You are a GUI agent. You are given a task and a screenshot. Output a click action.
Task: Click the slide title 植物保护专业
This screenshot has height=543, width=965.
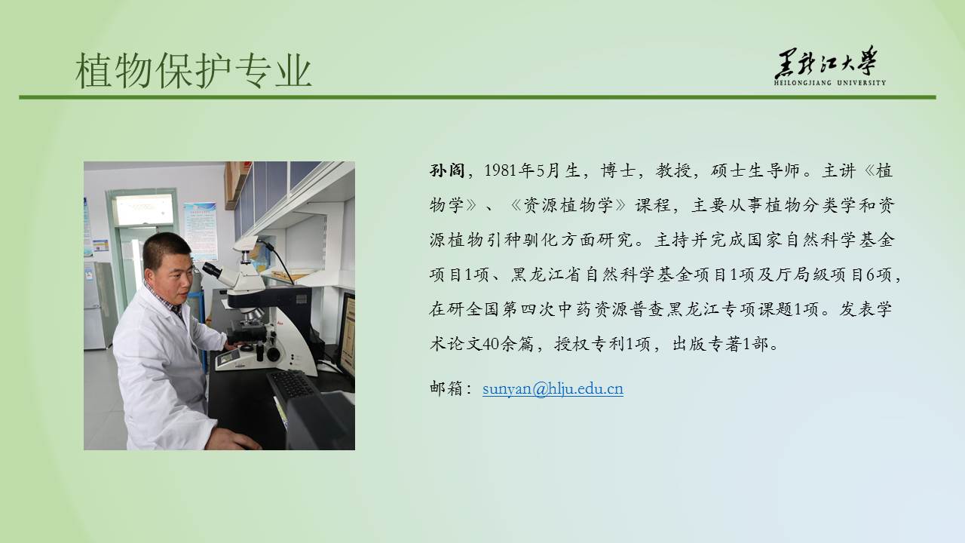pyautogui.click(x=194, y=70)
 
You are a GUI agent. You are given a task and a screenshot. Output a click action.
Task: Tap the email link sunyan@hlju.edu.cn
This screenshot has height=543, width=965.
pyautogui.click(x=553, y=388)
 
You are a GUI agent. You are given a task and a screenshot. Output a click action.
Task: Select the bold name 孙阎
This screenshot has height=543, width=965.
pyautogui.click(x=447, y=170)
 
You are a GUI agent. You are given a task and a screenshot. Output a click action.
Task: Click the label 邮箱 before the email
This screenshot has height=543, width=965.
pyautogui.click(x=447, y=388)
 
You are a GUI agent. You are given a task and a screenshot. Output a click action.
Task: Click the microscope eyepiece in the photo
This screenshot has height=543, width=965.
pyautogui.click(x=213, y=270)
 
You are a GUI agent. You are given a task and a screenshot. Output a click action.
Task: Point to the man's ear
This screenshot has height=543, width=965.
pyautogui.click(x=149, y=275)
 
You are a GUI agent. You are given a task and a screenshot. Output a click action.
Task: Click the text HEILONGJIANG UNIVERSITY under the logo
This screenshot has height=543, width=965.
pyautogui.click(x=830, y=83)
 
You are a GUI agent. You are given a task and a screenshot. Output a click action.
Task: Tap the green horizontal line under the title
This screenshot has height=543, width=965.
pyautogui.click(x=477, y=97)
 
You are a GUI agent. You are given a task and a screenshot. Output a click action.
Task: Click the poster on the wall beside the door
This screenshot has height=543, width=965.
pyautogui.click(x=201, y=232)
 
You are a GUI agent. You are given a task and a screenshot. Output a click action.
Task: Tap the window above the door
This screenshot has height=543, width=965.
pyautogui.click(x=144, y=210)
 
